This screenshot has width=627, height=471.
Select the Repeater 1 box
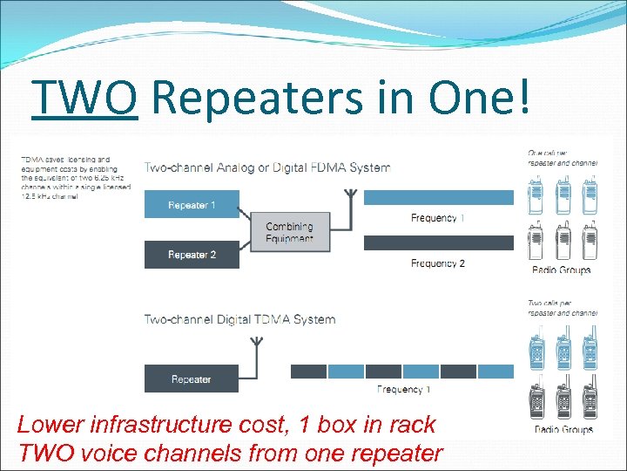[191, 205]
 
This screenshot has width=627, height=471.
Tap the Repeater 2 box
[191, 255]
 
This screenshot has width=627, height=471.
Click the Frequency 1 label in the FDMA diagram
[437, 217]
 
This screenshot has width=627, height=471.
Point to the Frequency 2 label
[437, 263]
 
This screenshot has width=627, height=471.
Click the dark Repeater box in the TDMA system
[191, 379]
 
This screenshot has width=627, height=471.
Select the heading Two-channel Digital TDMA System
[239, 319]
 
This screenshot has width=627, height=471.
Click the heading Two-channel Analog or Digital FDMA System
[266, 167]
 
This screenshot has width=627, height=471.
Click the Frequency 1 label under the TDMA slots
[403, 389]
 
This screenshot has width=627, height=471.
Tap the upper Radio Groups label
[561, 270]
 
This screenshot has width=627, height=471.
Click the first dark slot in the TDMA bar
[307, 371]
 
